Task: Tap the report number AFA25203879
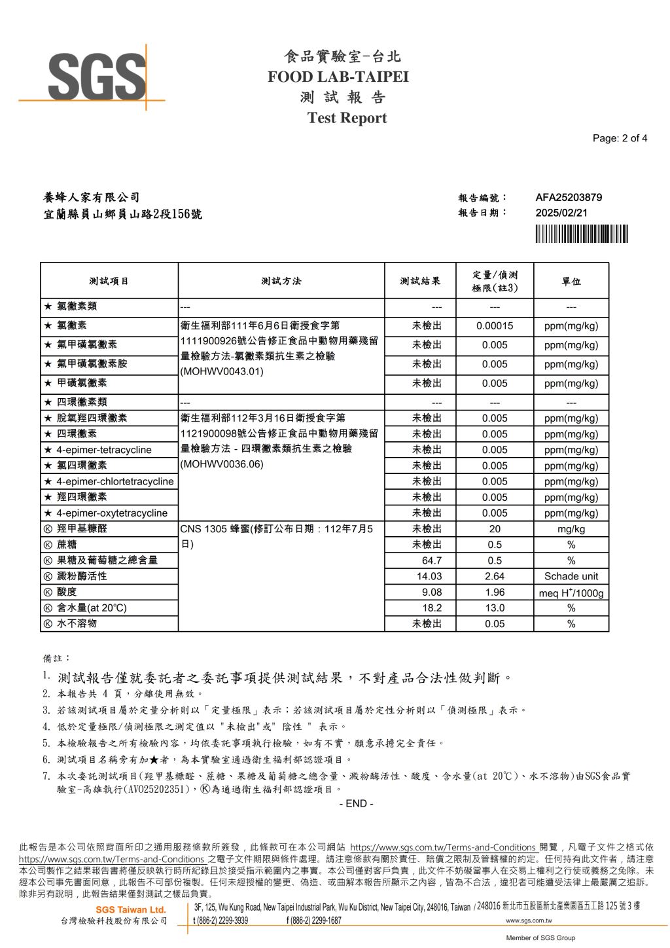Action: [568, 197]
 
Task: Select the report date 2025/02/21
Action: [561, 213]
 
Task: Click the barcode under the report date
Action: [581, 234]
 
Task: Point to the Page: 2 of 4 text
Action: [619, 138]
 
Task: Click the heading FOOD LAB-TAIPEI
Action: [338, 77]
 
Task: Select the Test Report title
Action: [347, 118]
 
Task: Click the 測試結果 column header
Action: [420, 281]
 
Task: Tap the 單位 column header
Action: [571, 281]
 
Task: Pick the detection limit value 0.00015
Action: [495, 326]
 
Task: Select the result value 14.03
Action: [429, 576]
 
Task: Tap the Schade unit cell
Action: [571, 576]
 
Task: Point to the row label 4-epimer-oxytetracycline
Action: [111, 513]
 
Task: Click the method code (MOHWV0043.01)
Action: [222, 371]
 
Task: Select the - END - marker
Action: [356, 803]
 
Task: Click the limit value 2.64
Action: [495, 576]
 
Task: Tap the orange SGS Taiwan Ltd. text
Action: [131, 909]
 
